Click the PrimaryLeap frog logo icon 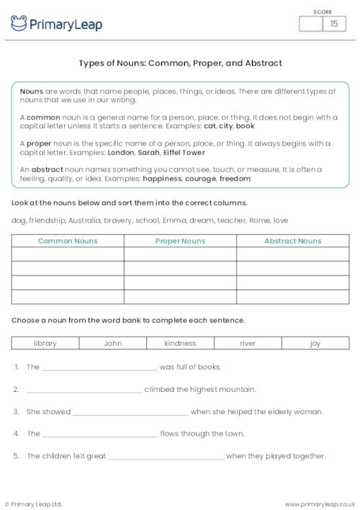tap(19, 24)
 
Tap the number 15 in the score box tap(333, 24)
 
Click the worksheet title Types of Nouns tap(180, 63)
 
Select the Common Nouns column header tap(68, 241)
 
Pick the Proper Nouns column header tap(180, 241)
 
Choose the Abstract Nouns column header tap(292, 241)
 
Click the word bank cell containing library tap(45, 344)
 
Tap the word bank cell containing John tap(112, 344)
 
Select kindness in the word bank tap(180, 344)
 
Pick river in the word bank tap(248, 344)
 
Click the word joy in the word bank tap(315, 344)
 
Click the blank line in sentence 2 tap(84, 391)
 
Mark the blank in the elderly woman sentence tap(130, 413)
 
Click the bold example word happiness tap(161, 178)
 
